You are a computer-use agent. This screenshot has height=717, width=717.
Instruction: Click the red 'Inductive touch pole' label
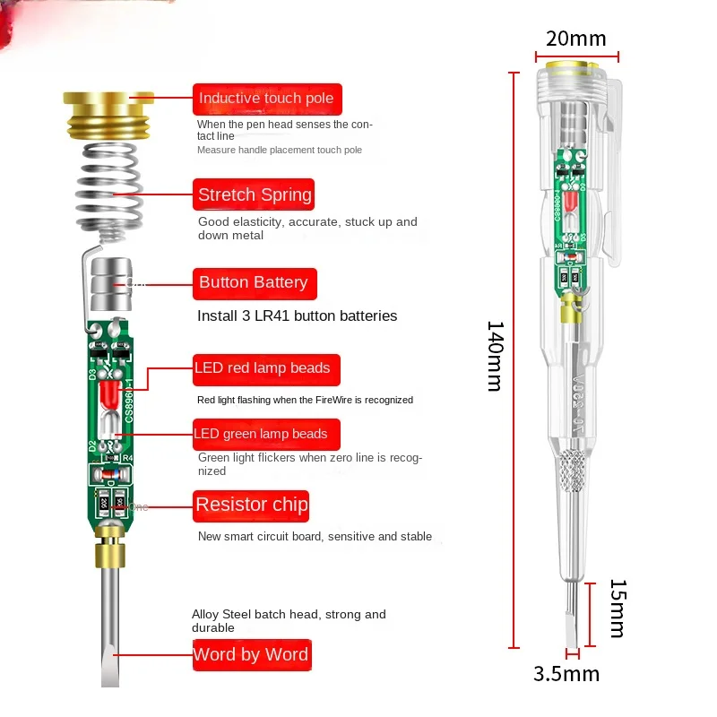coord(266,99)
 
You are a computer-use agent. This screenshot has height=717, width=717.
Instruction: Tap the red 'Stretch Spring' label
coord(255,195)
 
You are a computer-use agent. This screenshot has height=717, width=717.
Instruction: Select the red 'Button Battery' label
coord(254,283)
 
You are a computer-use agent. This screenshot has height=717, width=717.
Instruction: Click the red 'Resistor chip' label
coord(252,505)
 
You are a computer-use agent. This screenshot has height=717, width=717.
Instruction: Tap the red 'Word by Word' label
coord(251,654)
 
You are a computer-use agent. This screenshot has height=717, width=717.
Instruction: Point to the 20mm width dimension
coord(576,39)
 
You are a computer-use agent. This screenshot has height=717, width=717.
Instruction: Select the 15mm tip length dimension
coord(618,609)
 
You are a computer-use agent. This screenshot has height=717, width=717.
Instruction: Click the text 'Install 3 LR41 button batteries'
coord(297,316)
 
